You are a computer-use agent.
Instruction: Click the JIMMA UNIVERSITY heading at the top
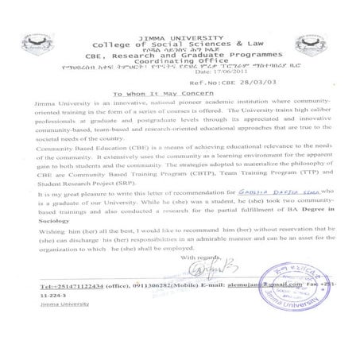coord(180,17)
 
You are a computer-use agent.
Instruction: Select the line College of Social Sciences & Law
coord(180,25)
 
